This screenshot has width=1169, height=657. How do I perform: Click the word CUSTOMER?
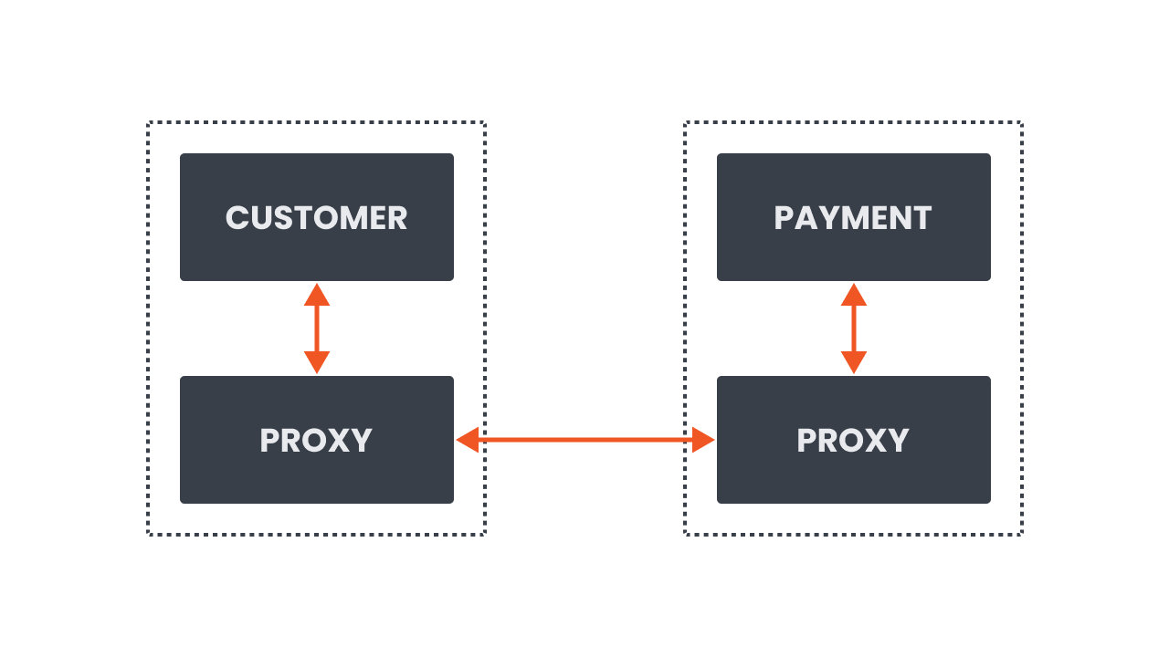316,218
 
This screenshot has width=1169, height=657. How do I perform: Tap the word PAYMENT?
853,218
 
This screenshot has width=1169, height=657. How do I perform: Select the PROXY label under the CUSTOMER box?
316,441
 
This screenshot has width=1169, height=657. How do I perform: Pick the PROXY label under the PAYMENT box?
853,441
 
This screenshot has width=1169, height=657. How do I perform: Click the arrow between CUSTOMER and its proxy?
316,328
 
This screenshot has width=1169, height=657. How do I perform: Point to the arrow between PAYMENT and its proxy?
853,328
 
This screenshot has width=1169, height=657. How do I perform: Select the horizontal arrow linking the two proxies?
584,441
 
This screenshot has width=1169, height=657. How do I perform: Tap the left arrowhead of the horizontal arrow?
468,441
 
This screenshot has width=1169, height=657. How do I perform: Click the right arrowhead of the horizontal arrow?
702,441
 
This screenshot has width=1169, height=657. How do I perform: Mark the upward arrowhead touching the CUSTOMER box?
316,295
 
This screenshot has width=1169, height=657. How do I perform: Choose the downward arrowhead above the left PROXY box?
316,362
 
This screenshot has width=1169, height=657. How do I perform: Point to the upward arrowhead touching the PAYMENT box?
853,295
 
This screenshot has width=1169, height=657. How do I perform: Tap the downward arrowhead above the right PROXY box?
853,362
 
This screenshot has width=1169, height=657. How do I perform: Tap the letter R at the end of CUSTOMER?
396,218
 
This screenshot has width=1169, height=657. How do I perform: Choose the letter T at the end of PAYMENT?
922,218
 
